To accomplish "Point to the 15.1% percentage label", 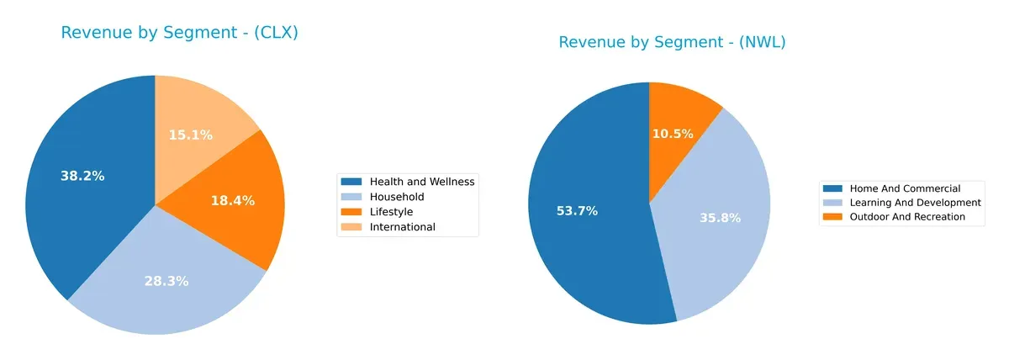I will pos(190,135).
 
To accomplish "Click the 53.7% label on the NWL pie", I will pos(577,210).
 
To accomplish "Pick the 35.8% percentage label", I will pos(720,218).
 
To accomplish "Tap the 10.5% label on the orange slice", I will pos(672,134).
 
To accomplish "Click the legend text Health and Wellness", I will pos(422,181).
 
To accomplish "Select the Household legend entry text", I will pos(396,196).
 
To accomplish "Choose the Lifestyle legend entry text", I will pos(391,211).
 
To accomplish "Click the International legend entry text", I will pos(403,226).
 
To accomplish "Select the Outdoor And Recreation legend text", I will pos(907,217).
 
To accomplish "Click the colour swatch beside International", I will pos(351,226).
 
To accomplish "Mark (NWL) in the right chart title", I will pos(761,42).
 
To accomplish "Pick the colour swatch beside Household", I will pos(351,196).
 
